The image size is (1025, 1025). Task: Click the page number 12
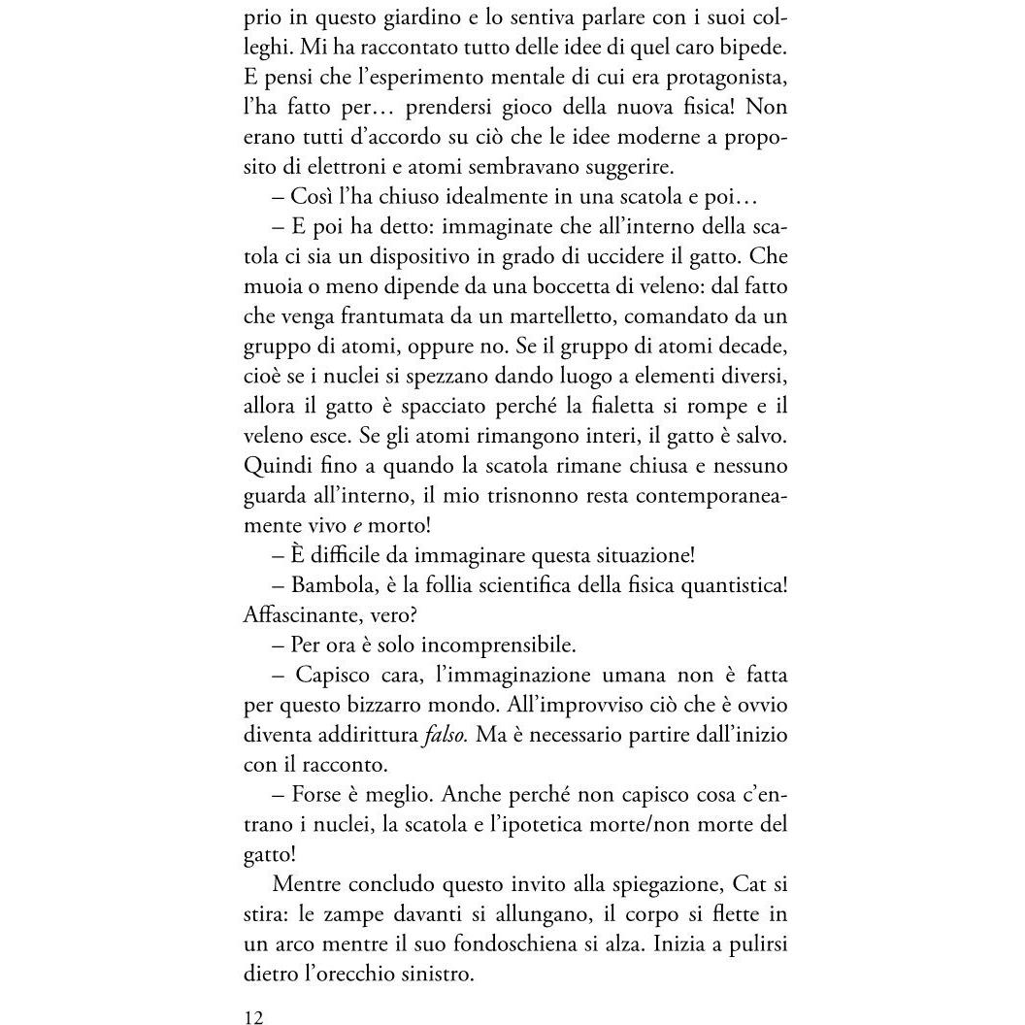[x=254, y=1017]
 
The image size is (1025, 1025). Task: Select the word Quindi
[x=275, y=467]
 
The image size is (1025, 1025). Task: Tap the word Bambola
[x=335, y=584]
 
